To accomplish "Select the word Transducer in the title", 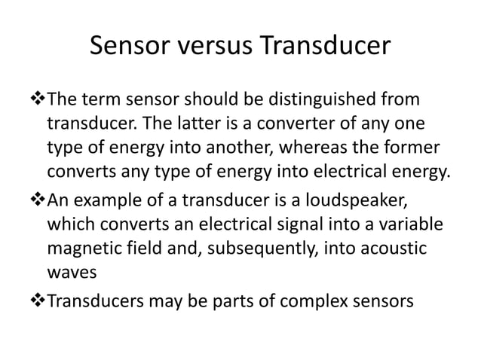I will pyautogui.click(x=326, y=46).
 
